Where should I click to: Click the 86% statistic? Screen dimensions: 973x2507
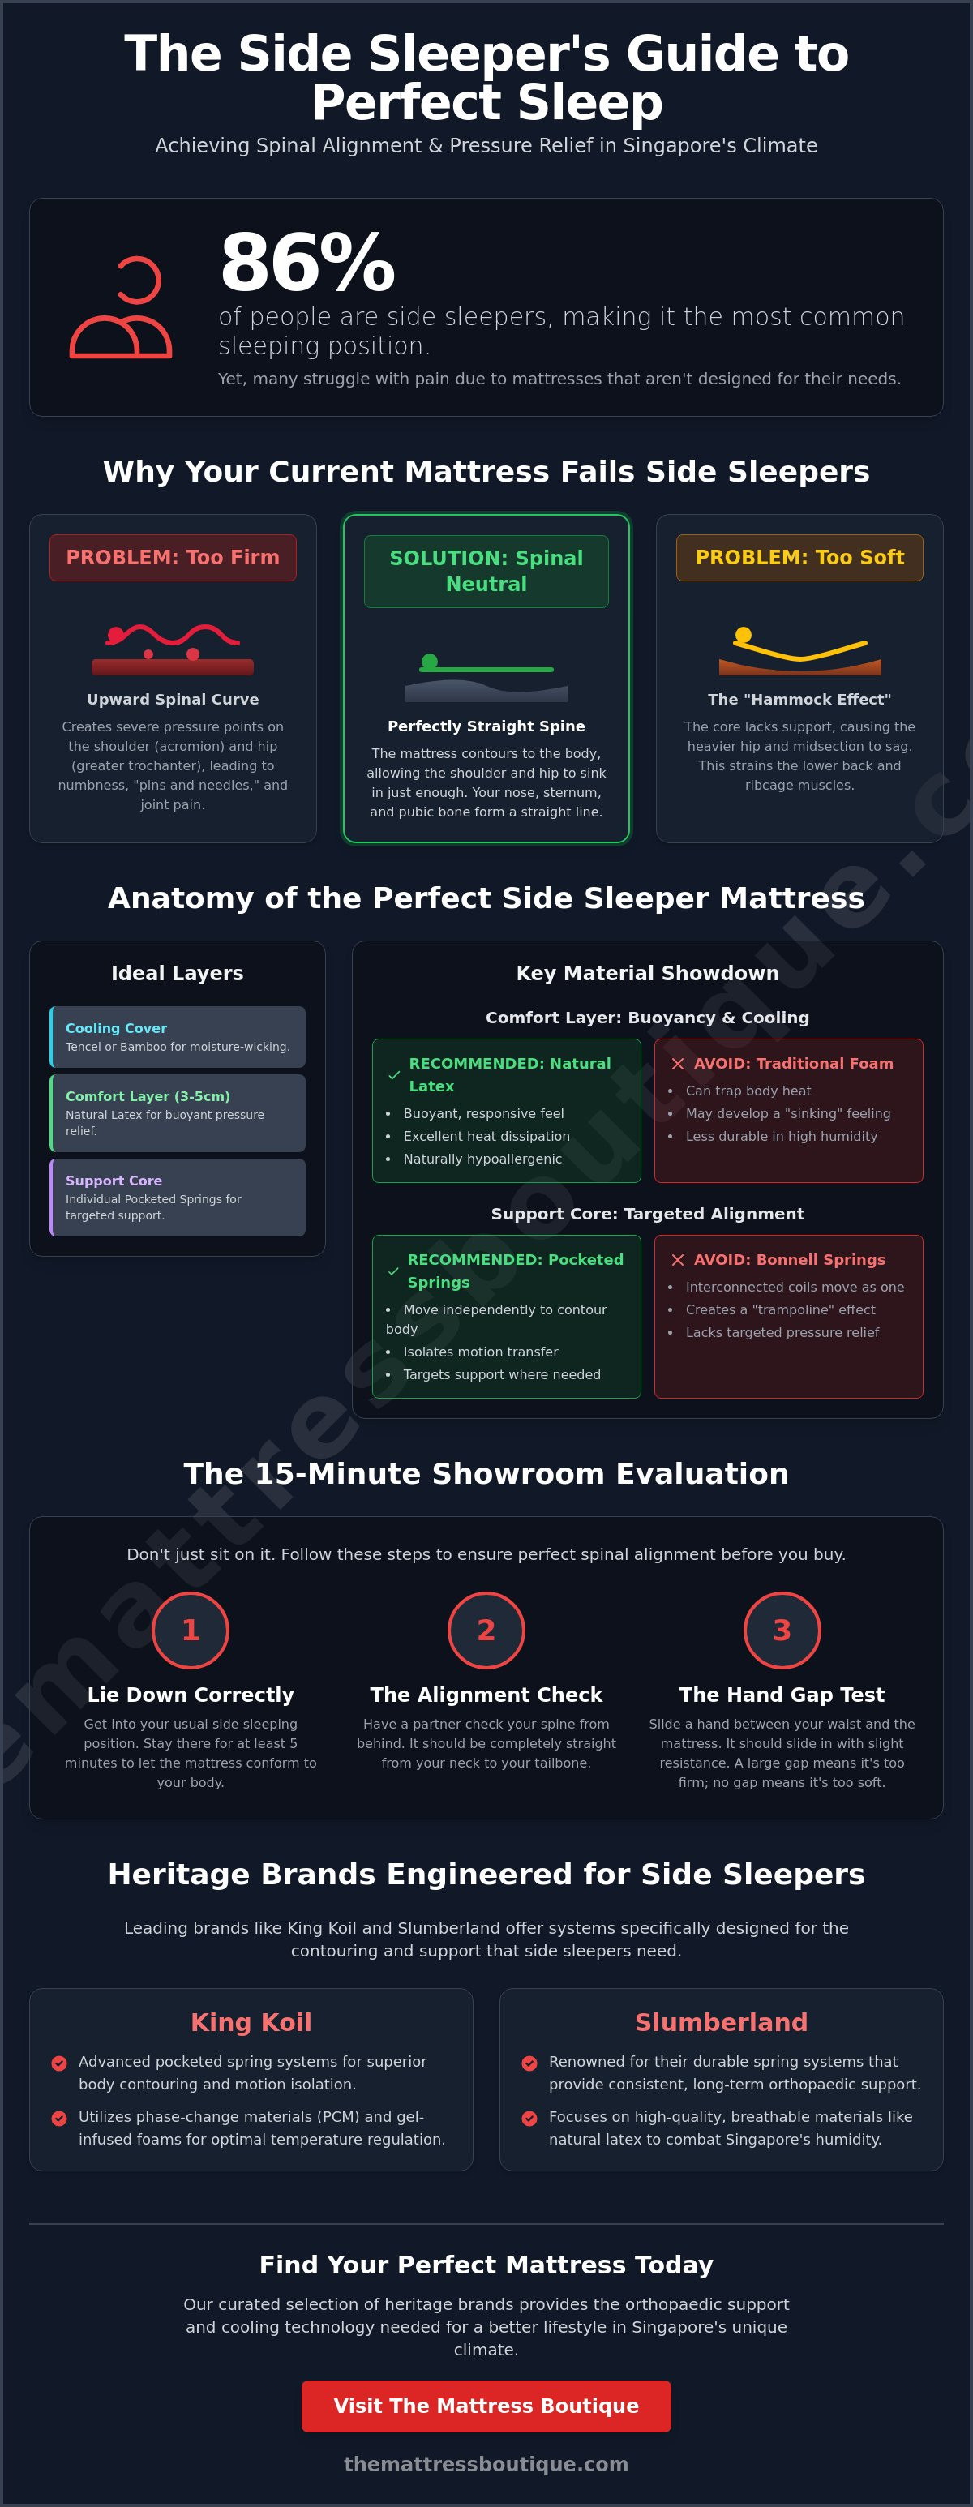pos(307,263)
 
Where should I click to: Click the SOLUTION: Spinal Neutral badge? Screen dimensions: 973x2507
pos(486,572)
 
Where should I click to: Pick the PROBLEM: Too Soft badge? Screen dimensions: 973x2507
pos(799,558)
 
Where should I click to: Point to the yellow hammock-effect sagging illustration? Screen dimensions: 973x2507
pos(799,651)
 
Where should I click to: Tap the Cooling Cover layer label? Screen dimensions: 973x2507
pos(116,1029)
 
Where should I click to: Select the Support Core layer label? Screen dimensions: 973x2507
pos(114,1181)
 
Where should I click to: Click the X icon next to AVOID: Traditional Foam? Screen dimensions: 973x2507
pos(678,1064)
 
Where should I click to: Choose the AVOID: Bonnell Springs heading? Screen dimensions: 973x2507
pos(789,1259)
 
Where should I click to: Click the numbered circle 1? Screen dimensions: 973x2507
pos(191,1631)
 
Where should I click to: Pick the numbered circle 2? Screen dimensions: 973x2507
pos(486,1631)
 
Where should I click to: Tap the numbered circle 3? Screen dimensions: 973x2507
pos(782,1631)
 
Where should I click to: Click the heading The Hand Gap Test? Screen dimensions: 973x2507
pos(782,1695)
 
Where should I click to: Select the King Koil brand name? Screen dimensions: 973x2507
pos(251,2022)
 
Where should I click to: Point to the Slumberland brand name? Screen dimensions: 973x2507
pos(721,2022)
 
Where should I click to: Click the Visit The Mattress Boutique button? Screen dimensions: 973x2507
pos(486,2406)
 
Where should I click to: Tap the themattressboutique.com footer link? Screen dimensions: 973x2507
pos(486,2464)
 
